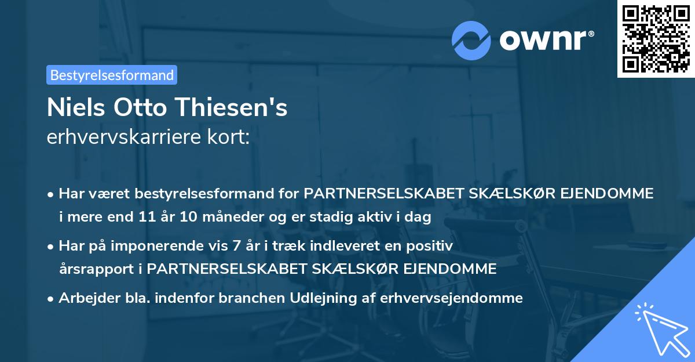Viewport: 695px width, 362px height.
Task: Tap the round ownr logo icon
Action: [471, 40]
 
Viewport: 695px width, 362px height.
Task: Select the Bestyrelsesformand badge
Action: [112, 75]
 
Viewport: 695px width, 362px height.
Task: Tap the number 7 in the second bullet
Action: [236, 246]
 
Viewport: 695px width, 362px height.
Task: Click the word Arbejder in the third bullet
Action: [85, 298]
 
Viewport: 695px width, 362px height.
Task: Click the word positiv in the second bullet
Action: [431, 246]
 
